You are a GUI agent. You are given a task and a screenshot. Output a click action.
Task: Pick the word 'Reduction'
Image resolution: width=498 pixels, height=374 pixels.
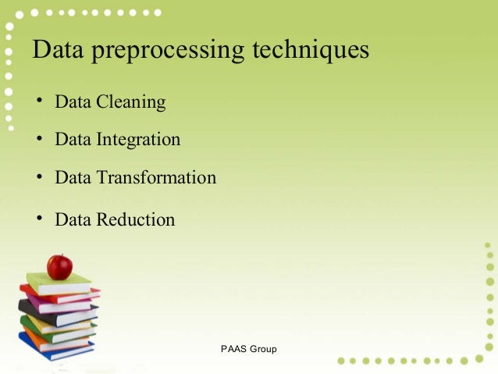(x=135, y=219)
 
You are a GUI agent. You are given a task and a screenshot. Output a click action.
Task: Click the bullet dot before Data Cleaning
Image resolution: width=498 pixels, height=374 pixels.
(x=37, y=102)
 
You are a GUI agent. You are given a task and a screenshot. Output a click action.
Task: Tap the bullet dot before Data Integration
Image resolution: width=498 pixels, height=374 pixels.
(x=37, y=139)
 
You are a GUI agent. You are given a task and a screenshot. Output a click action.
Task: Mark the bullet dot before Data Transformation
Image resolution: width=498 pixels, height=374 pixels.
(x=37, y=177)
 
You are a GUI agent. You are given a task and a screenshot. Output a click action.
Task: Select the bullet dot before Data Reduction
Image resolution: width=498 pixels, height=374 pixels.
(x=37, y=219)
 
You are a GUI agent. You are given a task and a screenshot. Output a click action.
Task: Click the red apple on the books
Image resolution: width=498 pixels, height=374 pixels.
(x=59, y=267)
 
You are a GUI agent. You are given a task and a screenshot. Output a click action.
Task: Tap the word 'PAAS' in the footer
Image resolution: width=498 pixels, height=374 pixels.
(x=233, y=348)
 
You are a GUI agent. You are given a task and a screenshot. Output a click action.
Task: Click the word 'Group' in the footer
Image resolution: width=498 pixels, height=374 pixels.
(x=263, y=348)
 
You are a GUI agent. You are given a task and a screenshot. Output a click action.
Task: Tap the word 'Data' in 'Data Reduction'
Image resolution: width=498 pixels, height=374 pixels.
(x=73, y=219)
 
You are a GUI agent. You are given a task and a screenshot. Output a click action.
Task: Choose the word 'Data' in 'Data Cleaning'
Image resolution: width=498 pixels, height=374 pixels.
(x=73, y=102)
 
